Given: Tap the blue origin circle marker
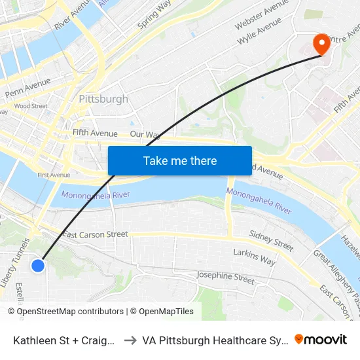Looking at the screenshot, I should point(38,265).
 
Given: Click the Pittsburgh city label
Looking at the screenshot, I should point(103,99).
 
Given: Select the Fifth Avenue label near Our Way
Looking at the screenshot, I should point(95,133).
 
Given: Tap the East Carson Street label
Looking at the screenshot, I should point(95,234).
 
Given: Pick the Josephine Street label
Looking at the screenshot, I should point(225,277).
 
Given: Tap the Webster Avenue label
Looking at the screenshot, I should point(262,14).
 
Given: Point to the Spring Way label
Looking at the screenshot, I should point(154,15).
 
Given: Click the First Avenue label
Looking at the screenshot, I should point(54,175).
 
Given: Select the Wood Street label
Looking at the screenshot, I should point(31,105).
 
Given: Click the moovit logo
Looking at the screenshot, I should point(321,339).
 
